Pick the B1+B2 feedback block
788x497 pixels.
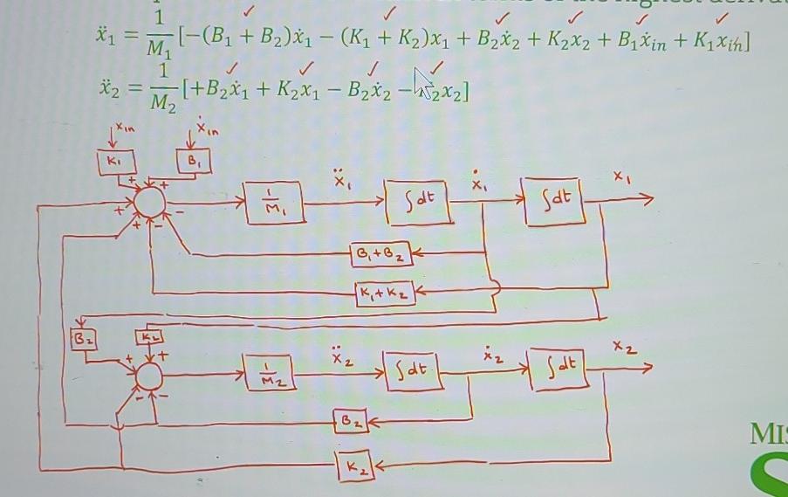click(x=378, y=254)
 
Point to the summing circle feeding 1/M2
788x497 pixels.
click(x=149, y=375)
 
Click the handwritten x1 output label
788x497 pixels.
click(x=620, y=177)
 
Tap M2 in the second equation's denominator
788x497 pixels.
click(x=158, y=107)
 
